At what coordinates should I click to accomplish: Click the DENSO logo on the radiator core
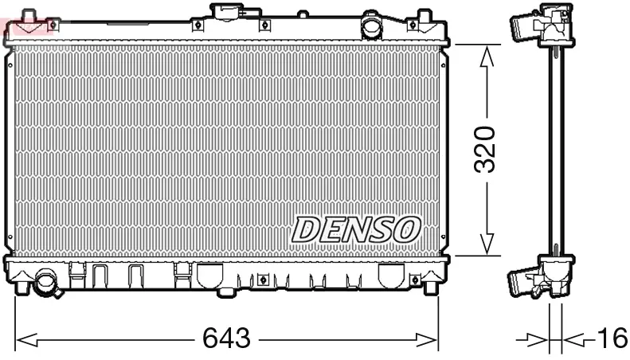click(x=355, y=229)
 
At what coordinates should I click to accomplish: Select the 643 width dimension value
click(x=227, y=339)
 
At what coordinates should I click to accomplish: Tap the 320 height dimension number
click(x=486, y=149)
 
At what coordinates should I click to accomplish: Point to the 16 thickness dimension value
click(x=611, y=339)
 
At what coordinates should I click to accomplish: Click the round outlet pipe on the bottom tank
click(x=47, y=284)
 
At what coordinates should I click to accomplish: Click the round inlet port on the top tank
click(x=371, y=26)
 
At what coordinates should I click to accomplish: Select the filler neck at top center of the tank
click(x=229, y=14)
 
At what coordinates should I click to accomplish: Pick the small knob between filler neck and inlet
click(x=303, y=14)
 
